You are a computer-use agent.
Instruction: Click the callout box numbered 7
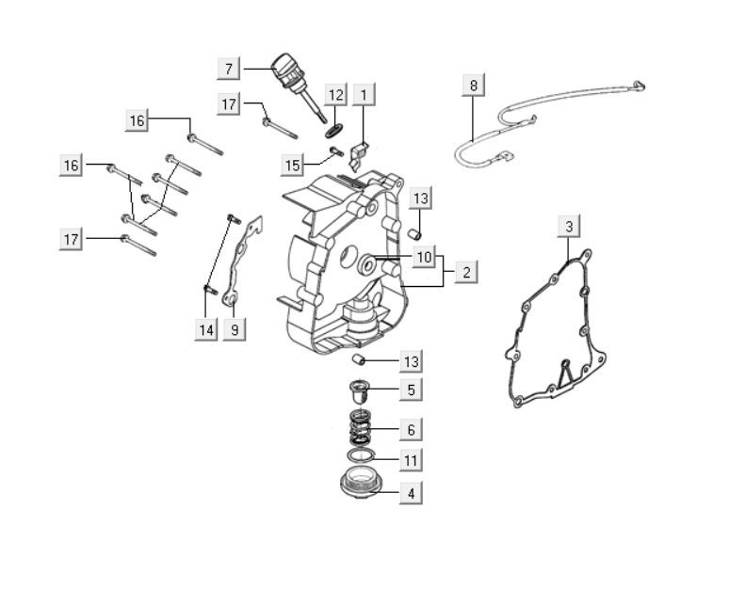tap(229, 69)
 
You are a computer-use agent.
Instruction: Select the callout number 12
tap(336, 94)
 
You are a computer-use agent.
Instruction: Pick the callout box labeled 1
tap(364, 94)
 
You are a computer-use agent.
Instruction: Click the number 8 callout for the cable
tap(474, 86)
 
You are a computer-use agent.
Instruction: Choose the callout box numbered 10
tap(424, 255)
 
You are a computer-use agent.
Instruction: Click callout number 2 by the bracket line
tap(465, 273)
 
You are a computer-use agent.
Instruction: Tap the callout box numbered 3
tap(568, 226)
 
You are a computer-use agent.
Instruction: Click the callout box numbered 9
tap(235, 329)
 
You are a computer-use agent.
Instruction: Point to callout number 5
tap(410, 389)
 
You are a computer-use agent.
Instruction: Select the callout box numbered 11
tap(410, 460)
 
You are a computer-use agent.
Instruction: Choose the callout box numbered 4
tap(410, 491)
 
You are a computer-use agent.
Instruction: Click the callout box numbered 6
tap(410, 430)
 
